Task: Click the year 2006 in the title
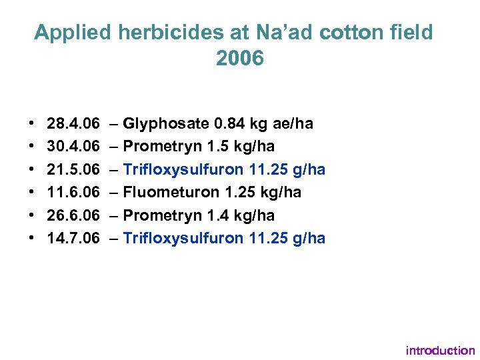tap(240, 59)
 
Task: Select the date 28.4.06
tap(73, 123)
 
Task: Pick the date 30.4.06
tap(73, 147)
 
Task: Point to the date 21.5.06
tap(73, 169)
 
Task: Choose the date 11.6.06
tap(73, 193)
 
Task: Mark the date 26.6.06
tap(73, 215)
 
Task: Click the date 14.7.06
tap(73, 238)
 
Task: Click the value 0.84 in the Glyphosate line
tap(229, 123)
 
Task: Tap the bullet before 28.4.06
tap(33, 124)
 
